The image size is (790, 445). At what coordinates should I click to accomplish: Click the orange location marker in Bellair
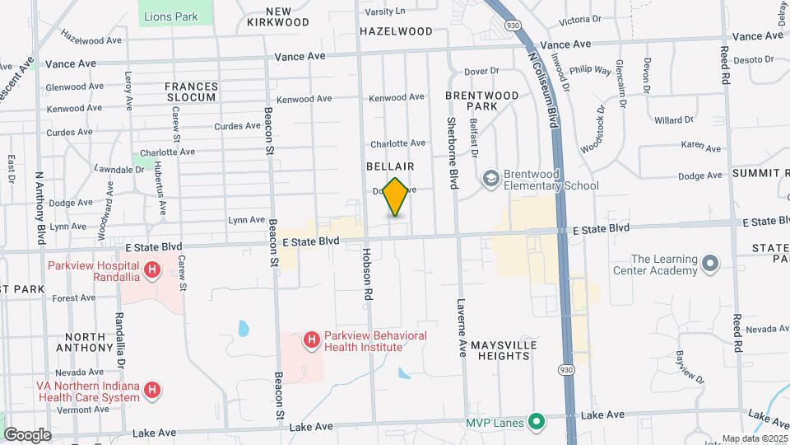(x=396, y=197)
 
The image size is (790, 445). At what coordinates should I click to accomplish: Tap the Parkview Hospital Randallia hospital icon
(x=151, y=269)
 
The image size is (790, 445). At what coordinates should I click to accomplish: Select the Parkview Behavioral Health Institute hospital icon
(x=311, y=340)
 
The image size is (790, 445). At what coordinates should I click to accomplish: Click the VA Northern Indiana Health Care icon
(x=151, y=391)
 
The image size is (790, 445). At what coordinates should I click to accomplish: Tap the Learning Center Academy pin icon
(x=709, y=265)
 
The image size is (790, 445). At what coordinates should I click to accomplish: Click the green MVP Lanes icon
(x=537, y=424)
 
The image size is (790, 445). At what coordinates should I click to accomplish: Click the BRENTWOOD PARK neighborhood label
(x=482, y=101)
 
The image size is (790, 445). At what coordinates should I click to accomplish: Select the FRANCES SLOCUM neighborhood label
(x=191, y=91)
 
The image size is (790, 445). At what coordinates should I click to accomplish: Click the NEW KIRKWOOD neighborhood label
(x=277, y=16)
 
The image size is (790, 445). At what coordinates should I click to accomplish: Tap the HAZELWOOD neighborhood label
(x=396, y=31)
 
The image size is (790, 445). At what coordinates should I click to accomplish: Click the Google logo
(x=27, y=434)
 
